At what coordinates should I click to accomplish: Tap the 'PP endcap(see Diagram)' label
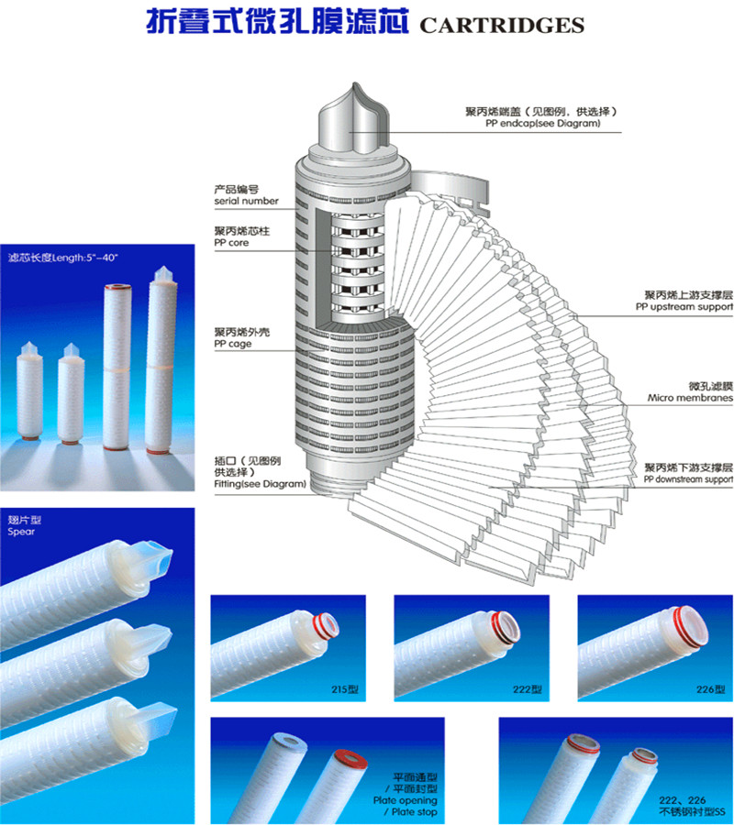[543, 123]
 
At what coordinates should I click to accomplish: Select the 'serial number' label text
[246, 201]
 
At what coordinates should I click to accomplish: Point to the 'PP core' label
[234, 244]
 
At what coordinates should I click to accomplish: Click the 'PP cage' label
[233, 344]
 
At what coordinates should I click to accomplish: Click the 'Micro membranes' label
[690, 399]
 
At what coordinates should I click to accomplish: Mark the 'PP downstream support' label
[688, 478]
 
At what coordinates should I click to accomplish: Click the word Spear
[21, 532]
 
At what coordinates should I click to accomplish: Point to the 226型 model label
[711, 687]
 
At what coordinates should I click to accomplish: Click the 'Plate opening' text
[412, 800]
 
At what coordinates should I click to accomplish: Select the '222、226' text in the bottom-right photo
[678, 800]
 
